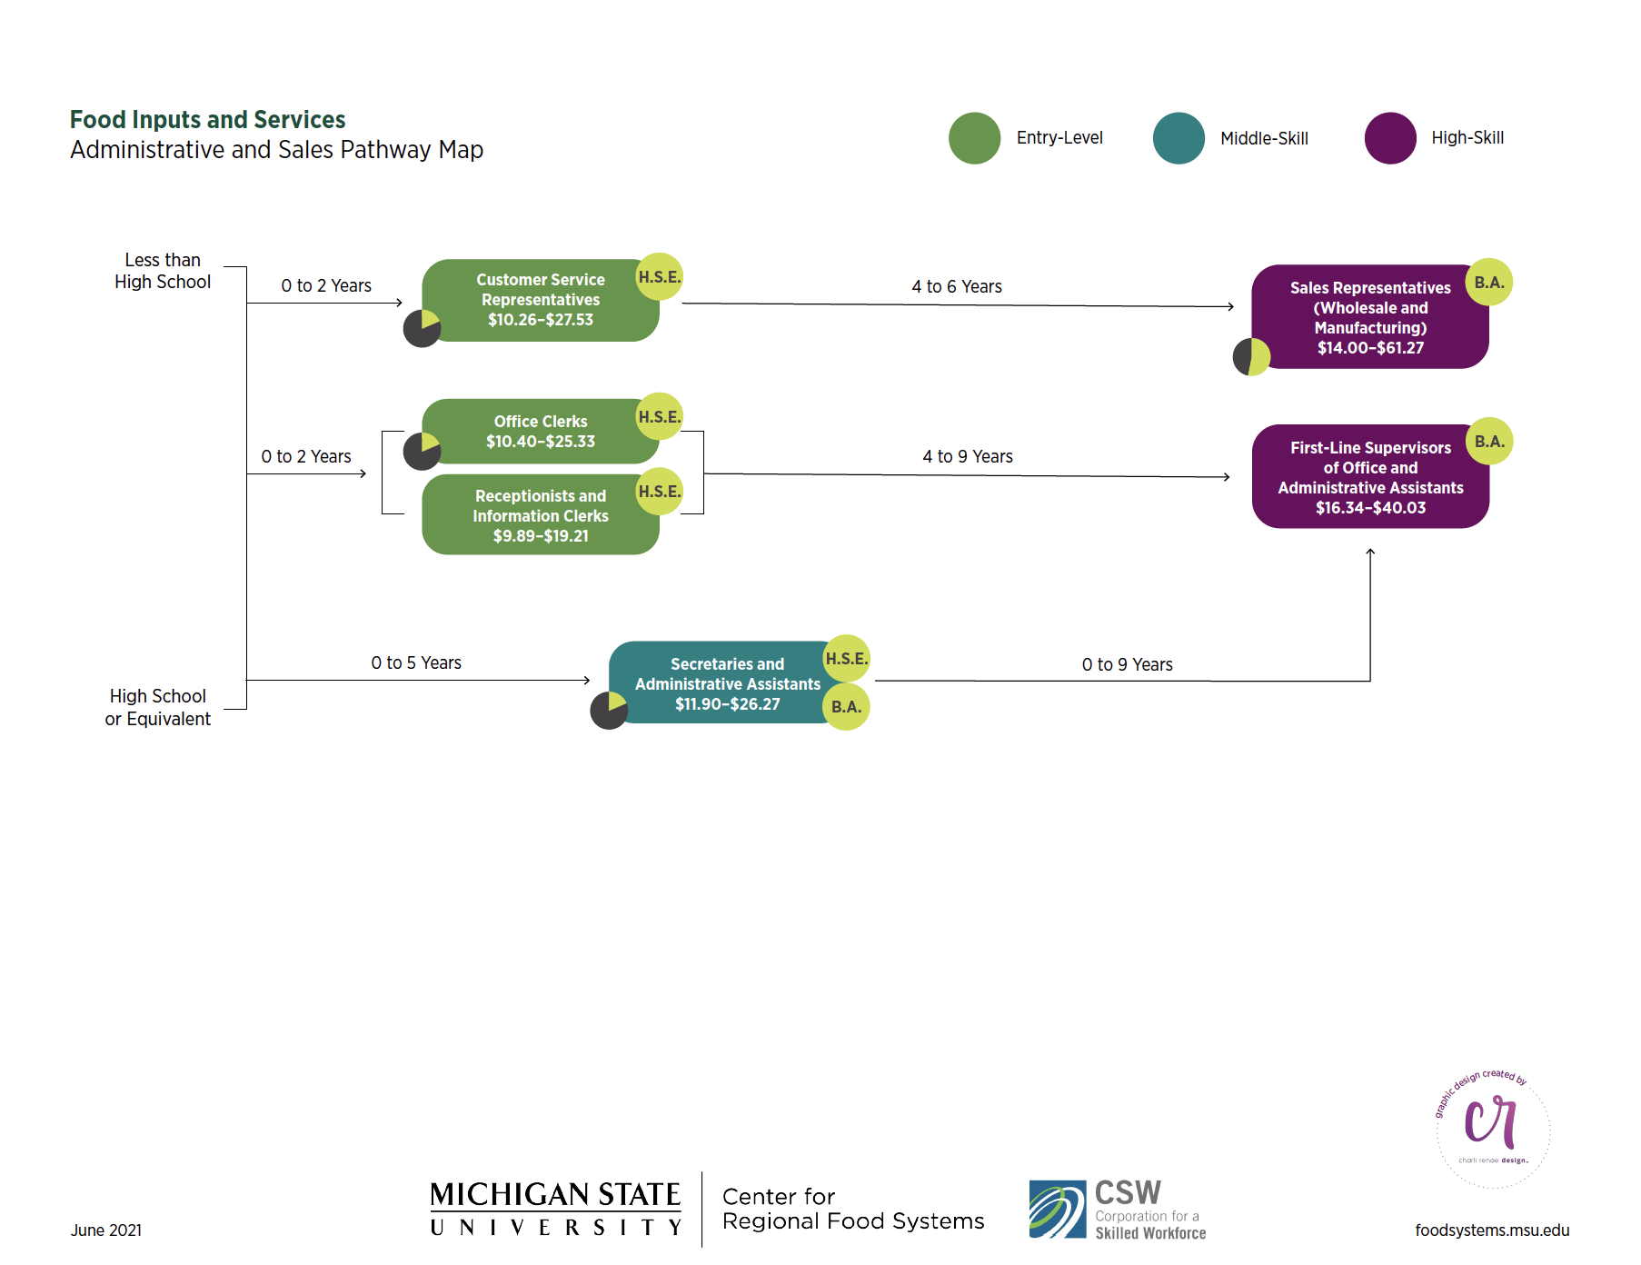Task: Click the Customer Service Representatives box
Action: [x=540, y=300]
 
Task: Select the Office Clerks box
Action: [x=540, y=432]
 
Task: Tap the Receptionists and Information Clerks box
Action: [x=540, y=515]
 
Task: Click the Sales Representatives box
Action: [x=1370, y=317]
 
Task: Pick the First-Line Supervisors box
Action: [x=1370, y=477]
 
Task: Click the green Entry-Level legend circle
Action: [x=974, y=138]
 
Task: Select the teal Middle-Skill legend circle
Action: [x=1179, y=138]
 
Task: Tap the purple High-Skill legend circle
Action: [x=1390, y=138]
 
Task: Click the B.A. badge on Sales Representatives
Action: [x=1489, y=283]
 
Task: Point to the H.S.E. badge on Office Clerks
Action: [x=659, y=417]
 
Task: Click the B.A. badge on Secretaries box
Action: [x=846, y=707]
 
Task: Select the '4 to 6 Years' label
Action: [x=957, y=287]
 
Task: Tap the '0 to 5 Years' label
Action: [x=416, y=663]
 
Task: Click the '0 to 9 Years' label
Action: [x=1127, y=665]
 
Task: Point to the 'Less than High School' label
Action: [x=163, y=271]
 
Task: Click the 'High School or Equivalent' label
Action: [x=158, y=707]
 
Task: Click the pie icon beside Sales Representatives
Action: [x=1251, y=357]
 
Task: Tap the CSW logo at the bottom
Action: [x=1118, y=1210]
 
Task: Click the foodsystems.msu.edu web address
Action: [x=1492, y=1230]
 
